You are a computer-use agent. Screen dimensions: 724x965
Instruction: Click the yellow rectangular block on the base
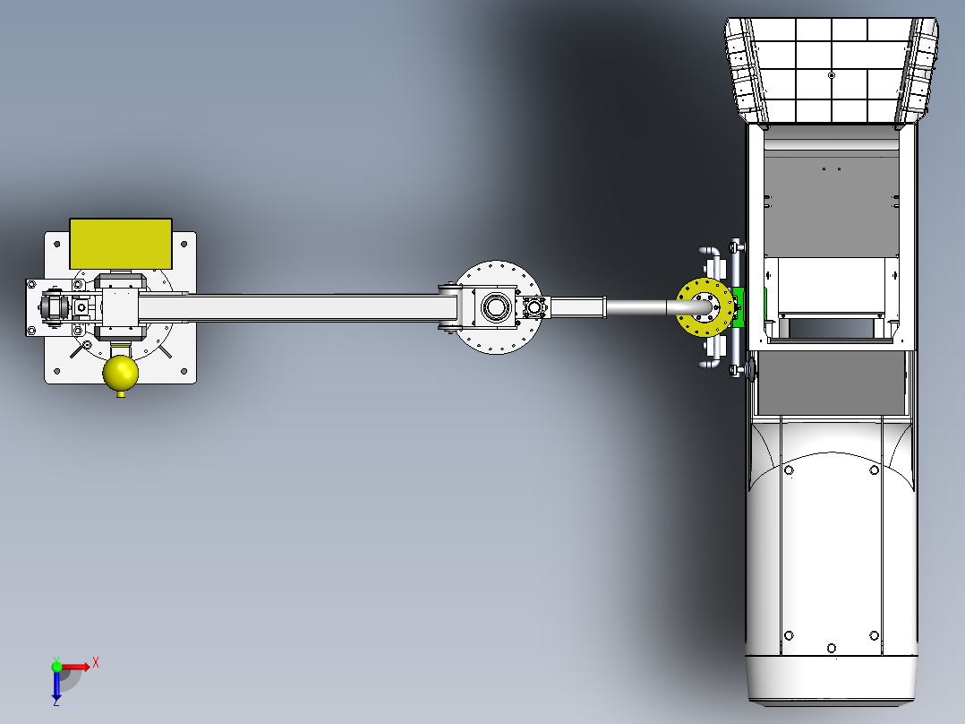coord(121,242)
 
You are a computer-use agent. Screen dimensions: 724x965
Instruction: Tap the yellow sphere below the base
coord(121,374)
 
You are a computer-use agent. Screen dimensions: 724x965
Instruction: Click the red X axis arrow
coord(75,666)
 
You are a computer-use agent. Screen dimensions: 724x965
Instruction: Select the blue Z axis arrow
coord(56,685)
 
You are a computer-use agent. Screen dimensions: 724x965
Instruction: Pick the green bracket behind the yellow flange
coord(739,306)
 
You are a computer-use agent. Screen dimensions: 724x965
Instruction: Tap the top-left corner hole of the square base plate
coord(57,244)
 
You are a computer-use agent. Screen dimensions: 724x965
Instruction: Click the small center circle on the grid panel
coord(832,76)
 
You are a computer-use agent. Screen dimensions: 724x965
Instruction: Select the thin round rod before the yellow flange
coord(636,307)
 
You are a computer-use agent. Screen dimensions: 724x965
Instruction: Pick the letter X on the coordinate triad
coord(95,661)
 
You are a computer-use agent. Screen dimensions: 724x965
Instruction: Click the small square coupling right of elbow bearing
coord(535,307)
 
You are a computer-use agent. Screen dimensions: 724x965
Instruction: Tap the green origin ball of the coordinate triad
coord(56,666)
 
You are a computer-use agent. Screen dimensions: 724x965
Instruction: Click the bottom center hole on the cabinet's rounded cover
coord(832,648)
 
